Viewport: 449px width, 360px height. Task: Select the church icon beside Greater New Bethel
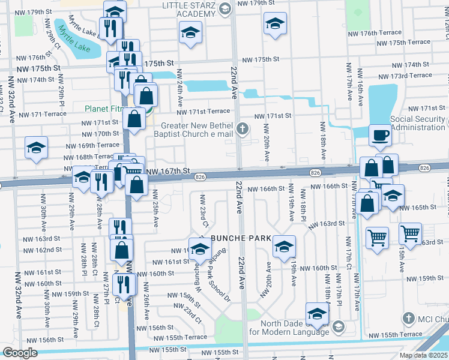point(243,128)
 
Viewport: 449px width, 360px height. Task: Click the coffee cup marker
point(380,136)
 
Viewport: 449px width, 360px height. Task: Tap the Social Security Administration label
point(419,124)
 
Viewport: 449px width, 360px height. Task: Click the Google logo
point(20,353)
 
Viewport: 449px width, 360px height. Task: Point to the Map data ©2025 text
point(423,355)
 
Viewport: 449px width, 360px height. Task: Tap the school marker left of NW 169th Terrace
point(36,148)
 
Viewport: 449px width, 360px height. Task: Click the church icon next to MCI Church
point(408,318)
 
